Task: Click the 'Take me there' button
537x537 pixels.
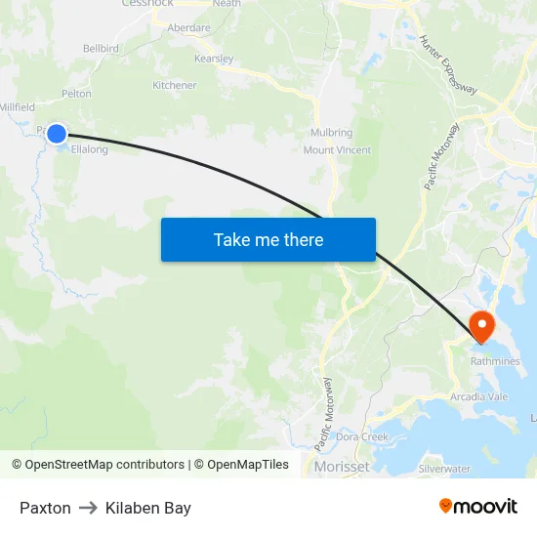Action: click(268, 239)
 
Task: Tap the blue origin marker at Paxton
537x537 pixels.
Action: click(57, 134)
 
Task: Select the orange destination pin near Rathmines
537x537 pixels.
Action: click(482, 325)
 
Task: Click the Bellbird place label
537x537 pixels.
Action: click(101, 47)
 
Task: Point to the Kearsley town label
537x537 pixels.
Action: click(214, 59)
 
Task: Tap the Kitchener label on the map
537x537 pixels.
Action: click(174, 86)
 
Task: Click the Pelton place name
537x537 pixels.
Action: click(76, 95)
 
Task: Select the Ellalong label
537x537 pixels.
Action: click(90, 149)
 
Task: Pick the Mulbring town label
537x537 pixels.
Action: click(331, 133)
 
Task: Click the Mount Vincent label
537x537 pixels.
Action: click(337, 150)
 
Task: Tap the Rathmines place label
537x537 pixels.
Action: click(495, 360)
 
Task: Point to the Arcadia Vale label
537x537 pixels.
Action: click(479, 397)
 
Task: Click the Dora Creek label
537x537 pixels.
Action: click(363, 436)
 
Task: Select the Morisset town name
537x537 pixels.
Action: click(342, 468)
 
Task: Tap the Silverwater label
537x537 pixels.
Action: click(444, 469)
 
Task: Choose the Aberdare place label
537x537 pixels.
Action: click(188, 27)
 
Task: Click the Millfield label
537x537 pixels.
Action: click(18, 107)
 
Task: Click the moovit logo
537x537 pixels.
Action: click(478, 507)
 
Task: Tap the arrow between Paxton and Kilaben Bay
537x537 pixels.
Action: click(88, 508)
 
